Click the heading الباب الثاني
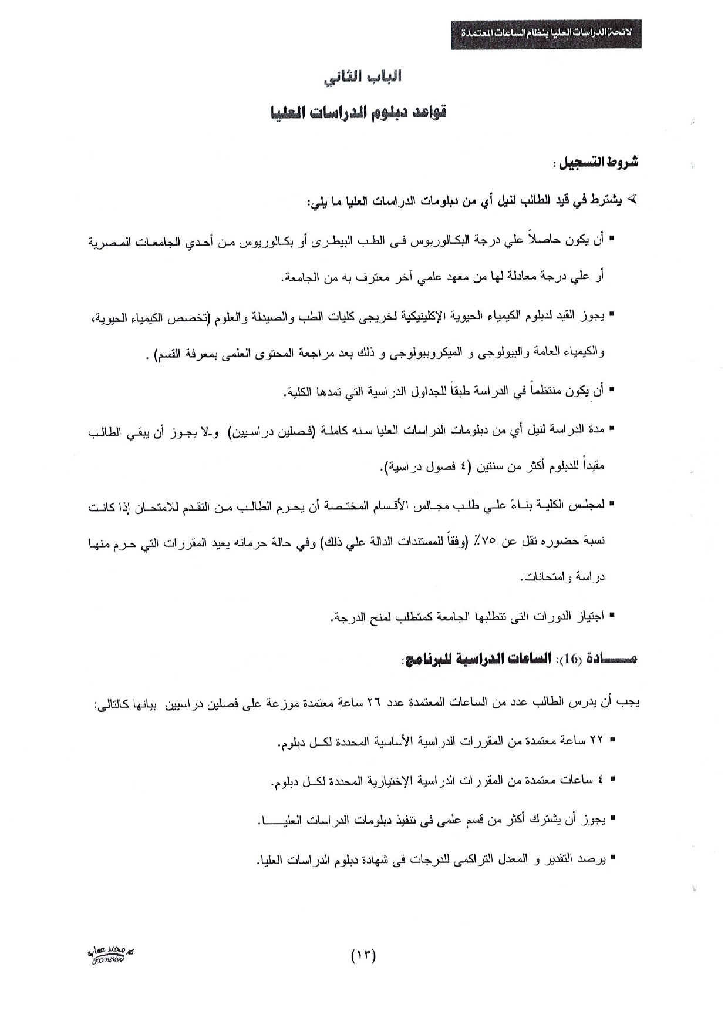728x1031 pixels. (363, 78)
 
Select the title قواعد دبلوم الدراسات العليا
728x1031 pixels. (358, 112)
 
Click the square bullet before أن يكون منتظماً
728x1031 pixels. (612, 390)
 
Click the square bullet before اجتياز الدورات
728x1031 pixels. (612, 616)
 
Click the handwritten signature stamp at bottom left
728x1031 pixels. (108, 952)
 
